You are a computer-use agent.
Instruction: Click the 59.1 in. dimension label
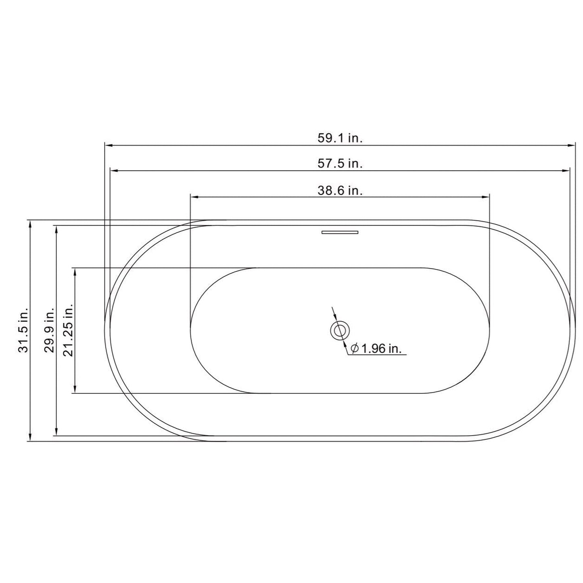(x=340, y=138)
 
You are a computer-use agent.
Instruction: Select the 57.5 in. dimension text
(x=340, y=164)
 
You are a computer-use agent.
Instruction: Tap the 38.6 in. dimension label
(x=340, y=190)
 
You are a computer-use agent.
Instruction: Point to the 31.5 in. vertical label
(x=23, y=330)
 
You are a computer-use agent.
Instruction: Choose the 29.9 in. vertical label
(x=49, y=330)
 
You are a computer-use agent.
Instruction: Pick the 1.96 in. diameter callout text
(x=381, y=349)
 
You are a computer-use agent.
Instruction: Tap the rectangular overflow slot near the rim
(x=340, y=232)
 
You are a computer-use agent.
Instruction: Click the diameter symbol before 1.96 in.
(x=355, y=349)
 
